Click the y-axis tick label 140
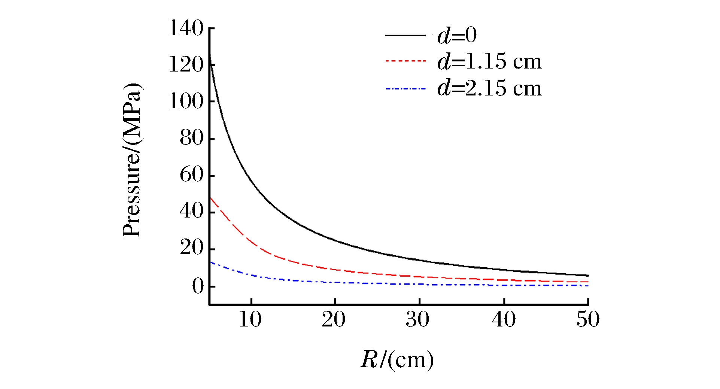pos(186,28)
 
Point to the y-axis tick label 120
pos(186,64)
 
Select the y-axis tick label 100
pos(186,101)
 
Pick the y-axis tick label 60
pos(191,174)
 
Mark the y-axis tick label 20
pos(191,248)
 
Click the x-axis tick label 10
pos(250,319)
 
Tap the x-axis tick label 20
pos(334,319)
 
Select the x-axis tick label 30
pos(418,319)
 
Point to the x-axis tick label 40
pos(504,319)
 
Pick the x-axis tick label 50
pos(587,319)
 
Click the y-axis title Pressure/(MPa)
pos(132,160)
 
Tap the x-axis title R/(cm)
pos(397,360)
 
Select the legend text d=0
pos(457,35)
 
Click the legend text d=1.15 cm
pos(489,61)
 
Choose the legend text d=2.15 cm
pos(489,89)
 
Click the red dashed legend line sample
pos(406,61)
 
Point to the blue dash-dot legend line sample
pos(406,89)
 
